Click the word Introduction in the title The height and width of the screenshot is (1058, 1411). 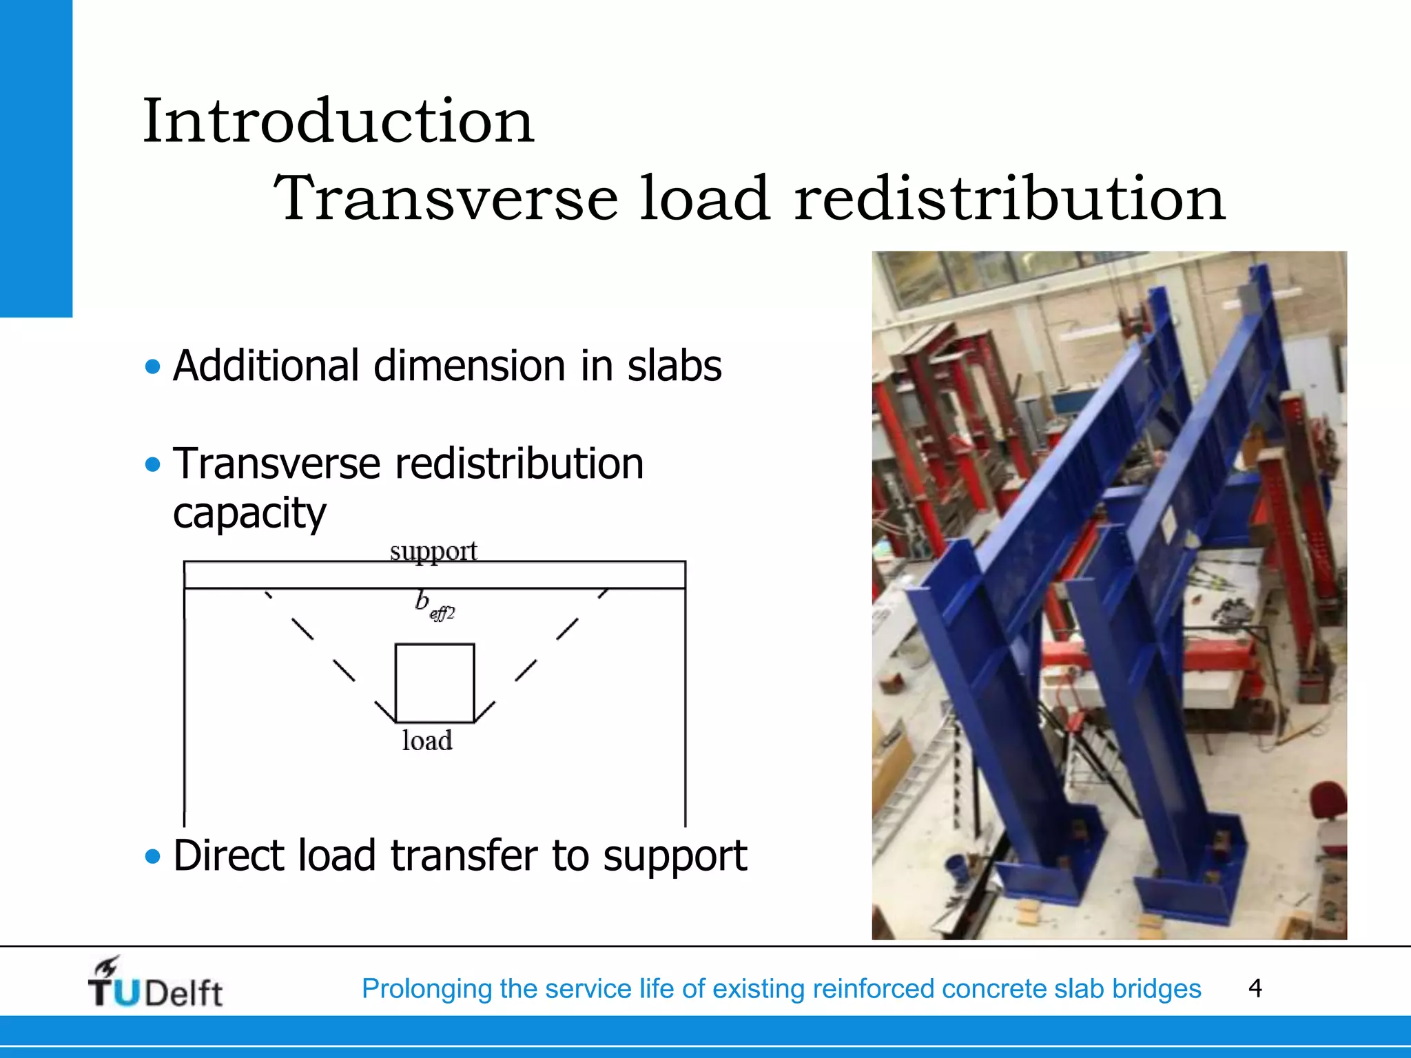[338, 121]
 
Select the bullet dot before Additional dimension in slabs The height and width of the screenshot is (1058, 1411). [153, 366]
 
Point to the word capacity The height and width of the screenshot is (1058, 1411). [249, 513]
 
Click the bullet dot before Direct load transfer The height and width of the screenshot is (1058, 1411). [153, 856]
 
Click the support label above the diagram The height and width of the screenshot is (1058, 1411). [433, 551]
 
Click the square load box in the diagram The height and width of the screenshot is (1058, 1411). [435, 683]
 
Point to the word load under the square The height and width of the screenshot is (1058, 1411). [427, 741]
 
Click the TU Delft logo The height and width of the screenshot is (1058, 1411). [156, 984]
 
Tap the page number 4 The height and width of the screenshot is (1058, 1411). [1255, 988]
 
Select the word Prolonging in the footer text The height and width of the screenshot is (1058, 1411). [427, 988]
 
